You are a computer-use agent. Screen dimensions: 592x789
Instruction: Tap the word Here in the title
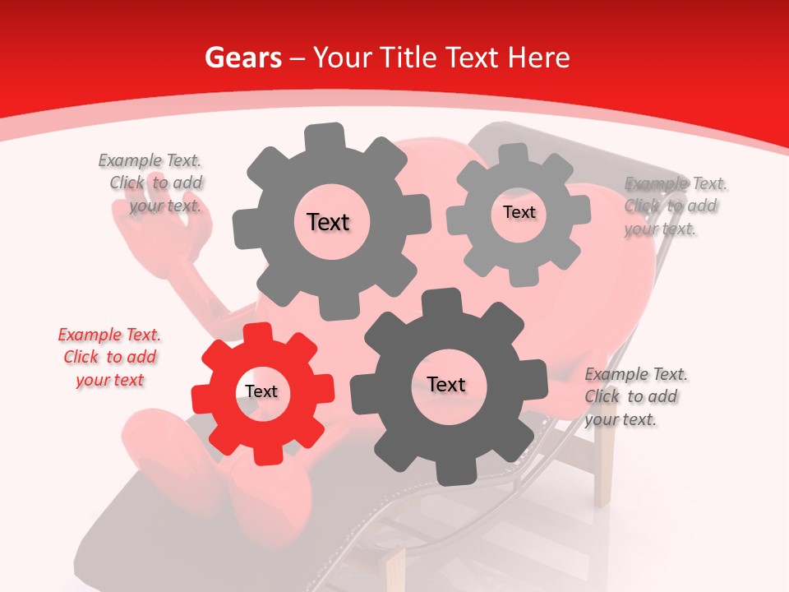tap(539, 58)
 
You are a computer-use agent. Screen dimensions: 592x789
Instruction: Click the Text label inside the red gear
tap(261, 392)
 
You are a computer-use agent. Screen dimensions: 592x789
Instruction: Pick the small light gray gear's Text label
tap(519, 212)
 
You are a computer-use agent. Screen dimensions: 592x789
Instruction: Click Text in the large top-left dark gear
tap(328, 222)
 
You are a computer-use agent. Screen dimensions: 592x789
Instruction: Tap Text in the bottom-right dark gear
tap(446, 384)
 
